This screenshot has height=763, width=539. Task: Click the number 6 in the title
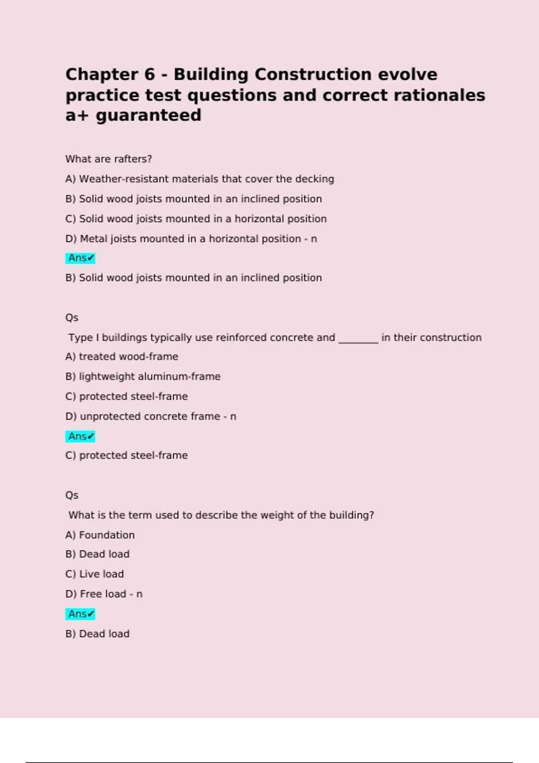(150, 75)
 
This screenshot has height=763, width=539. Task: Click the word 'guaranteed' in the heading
(148, 116)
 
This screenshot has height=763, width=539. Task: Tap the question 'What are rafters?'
(109, 159)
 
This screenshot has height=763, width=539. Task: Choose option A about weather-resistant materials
(199, 179)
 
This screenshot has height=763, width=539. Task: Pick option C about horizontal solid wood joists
(196, 219)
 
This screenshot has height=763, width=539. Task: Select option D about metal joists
(191, 239)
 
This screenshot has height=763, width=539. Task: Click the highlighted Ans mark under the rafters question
(80, 258)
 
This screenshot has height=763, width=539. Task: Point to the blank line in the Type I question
(358, 338)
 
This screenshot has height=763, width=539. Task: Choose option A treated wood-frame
(122, 357)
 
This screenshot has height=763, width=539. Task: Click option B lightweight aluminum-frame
(143, 377)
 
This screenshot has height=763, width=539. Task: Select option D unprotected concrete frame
(150, 417)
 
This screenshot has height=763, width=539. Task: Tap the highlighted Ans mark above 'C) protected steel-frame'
(80, 436)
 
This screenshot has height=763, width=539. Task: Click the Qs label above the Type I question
(72, 318)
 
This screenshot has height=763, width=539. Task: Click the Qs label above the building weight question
(72, 496)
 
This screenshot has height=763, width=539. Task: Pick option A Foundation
(100, 535)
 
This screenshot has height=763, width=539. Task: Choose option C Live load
(94, 574)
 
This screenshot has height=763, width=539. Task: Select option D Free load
(103, 594)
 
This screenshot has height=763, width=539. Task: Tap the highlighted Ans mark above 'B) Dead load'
(80, 614)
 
